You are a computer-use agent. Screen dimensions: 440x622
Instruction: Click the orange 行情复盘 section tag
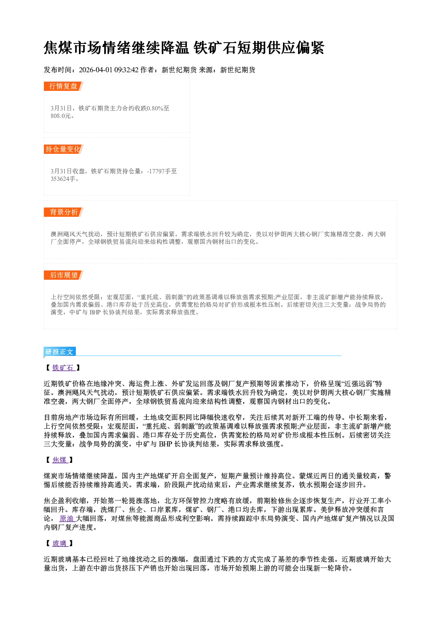[63, 86]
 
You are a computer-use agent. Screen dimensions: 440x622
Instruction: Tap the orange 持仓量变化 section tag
[63, 149]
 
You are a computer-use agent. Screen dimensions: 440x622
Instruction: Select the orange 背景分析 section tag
[63, 212]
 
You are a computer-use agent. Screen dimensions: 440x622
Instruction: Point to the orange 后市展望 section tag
[63, 275]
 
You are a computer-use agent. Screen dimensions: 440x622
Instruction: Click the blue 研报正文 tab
[59, 352]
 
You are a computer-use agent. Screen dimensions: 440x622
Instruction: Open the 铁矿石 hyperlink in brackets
[63, 368]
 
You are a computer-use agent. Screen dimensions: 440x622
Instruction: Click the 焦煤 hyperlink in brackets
[60, 460]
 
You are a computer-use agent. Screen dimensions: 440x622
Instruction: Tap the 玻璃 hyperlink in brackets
[60, 543]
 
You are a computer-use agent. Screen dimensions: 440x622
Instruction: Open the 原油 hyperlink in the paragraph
[67, 518]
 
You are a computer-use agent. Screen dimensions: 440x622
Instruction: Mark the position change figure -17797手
[159, 171]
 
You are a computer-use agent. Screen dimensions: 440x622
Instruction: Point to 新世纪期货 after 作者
[179, 70]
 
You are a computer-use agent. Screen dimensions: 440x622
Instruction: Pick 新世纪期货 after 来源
[238, 70]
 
